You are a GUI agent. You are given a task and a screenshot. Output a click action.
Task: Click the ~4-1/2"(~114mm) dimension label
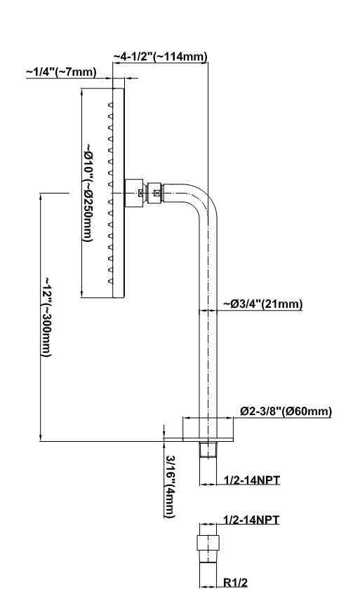[160, 56]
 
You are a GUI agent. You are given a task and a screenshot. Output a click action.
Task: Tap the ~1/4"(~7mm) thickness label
[61, 72]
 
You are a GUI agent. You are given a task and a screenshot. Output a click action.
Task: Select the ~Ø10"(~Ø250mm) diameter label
[88, 193]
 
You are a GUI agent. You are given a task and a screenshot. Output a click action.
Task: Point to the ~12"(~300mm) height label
[46, 316]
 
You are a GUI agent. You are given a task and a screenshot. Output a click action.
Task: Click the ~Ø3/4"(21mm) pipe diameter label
[263, 304]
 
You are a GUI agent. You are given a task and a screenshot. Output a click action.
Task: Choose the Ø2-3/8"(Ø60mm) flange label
[286, 411]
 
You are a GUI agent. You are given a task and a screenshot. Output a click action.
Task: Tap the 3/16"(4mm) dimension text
[171, 487]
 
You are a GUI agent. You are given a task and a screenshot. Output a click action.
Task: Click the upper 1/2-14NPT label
[251, 480]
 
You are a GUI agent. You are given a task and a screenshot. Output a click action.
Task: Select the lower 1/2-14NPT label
[251, 520]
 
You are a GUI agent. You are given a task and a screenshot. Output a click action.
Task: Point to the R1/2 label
[235, 583]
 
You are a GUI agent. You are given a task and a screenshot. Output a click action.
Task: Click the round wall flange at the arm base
[208, 429]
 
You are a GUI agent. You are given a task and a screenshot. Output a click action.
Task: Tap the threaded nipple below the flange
[208, 450]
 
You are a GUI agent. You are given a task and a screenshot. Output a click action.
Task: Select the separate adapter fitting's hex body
[208, 542]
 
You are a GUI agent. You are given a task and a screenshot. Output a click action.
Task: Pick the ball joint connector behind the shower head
[134, 193]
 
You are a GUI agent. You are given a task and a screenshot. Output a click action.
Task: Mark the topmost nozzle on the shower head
[110, 104]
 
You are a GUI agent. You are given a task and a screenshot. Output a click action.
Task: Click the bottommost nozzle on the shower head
[110, 281]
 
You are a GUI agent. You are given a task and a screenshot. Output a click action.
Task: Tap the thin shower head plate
[119, 193]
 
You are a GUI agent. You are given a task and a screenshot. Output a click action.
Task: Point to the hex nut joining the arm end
[156, 193]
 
